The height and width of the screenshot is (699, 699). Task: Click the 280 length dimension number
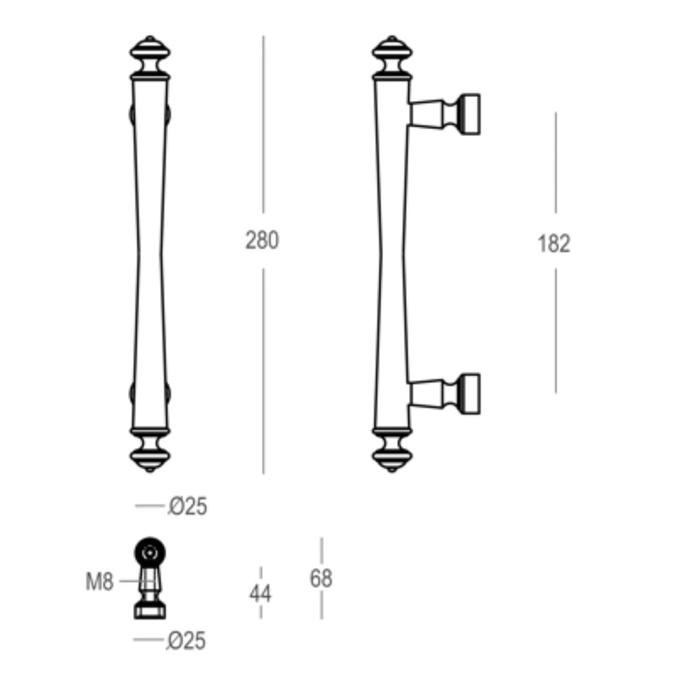(262, 240)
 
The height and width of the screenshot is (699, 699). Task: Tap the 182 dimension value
(554, 243)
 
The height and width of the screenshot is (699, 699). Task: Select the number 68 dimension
(321, 578)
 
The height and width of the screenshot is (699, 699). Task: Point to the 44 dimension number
(260, 593)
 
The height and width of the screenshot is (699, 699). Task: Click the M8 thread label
(100, 582)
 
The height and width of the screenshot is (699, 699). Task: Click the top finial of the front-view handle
(150, 55)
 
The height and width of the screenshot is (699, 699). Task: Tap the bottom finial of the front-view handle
(150, 451)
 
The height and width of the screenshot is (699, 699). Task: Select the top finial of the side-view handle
(393, 55)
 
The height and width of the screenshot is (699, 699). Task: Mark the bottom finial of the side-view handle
(393, 451)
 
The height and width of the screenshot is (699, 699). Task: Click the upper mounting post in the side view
(445, 113)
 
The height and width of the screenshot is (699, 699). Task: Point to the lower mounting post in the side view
(445, 394)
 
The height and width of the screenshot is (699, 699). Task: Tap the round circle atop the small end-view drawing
(150, 552)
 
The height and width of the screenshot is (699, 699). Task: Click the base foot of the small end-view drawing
(150, 610)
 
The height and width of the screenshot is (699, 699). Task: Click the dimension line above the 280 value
(263, 123)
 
